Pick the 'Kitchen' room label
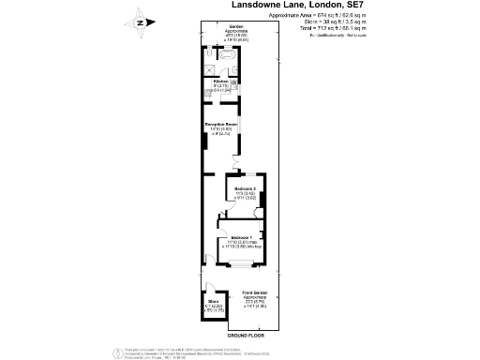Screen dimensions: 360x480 [x=222, y=82]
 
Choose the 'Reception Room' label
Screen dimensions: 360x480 [x=222, y=123]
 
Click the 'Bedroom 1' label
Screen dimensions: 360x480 [x=241, y=237]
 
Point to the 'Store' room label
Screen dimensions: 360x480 [x=213, y=301]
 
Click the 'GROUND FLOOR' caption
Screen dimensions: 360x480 [x=246, y=335]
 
